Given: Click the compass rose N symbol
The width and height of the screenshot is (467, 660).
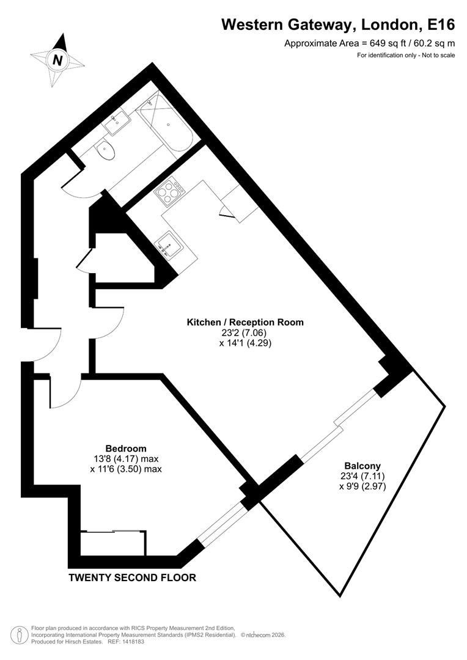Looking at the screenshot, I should tap(57, 60).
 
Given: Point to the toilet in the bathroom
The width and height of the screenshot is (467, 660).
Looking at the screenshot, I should tap(106, 149).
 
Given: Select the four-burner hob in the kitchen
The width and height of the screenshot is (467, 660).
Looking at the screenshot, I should tap(170, 191).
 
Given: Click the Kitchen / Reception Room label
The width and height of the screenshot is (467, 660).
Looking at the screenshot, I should tap(245, 322).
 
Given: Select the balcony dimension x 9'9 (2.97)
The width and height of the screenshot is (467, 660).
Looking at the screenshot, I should tap(362, 486).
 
